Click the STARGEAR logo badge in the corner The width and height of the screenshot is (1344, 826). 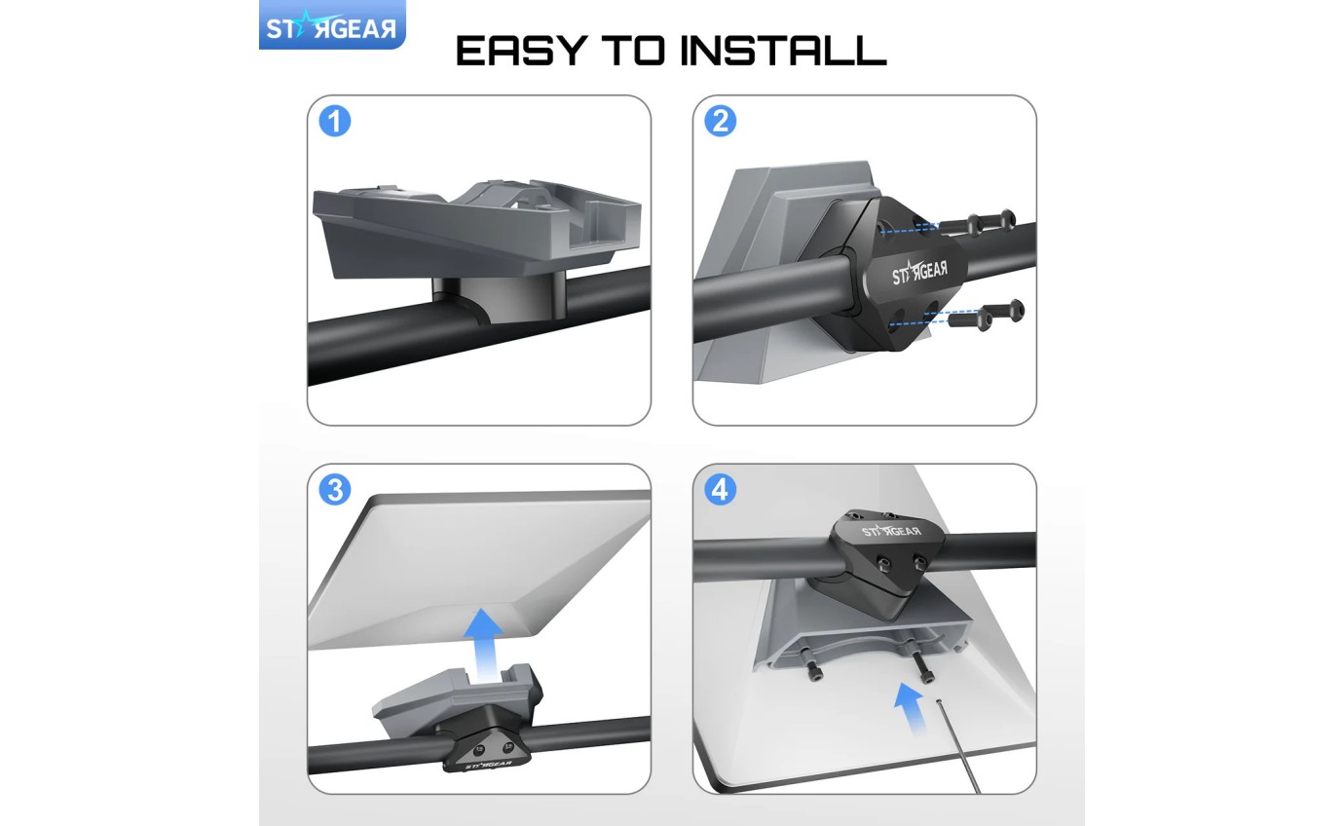coord(331,28)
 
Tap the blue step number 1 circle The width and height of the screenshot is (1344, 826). coord(335,122)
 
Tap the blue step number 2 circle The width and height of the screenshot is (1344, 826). coord(720,122)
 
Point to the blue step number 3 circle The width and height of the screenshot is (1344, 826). coord(335,490)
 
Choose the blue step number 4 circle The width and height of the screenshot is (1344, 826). coord(720,490)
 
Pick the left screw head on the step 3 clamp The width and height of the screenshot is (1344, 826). coord(478,749)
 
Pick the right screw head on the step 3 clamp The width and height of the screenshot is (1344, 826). coord(507,746)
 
